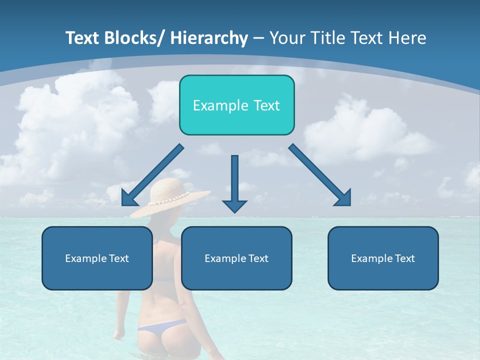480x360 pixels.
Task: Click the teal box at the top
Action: [236, 105]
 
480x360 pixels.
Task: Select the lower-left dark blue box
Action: [97, 258]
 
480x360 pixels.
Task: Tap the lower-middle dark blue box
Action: [236, 258]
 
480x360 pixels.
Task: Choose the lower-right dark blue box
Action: [383, 258]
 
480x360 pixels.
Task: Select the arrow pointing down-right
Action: [320, 175]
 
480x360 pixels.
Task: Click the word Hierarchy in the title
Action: [208, 38]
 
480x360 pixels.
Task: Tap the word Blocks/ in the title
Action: [136, 38]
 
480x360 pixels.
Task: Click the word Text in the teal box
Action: [266, 105]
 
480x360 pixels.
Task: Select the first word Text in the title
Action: [83, 38]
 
